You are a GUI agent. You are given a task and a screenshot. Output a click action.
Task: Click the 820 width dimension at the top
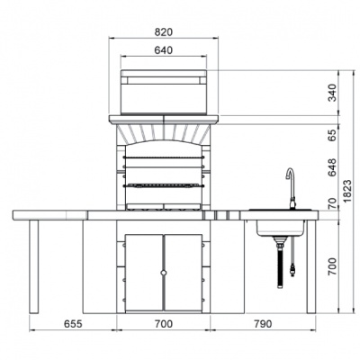click(x=164, y=32)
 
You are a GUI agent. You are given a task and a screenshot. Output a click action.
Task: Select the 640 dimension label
click(x=164, y=50)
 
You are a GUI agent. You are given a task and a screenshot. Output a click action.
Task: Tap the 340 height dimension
click(x=332, y=93)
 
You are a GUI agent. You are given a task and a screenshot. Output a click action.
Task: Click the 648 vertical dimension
click(x=332, y=167)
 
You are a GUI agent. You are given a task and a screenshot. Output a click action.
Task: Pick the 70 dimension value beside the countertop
click(x=332, y=203)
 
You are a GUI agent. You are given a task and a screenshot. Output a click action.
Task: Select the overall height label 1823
click(x=348, y=192)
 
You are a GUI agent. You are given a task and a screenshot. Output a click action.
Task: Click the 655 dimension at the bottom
click(x=73, y=324)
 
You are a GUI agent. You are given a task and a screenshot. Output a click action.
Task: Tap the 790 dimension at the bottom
click(x=263, y=324)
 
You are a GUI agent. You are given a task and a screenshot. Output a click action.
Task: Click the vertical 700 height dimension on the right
click(x=332, y=266)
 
